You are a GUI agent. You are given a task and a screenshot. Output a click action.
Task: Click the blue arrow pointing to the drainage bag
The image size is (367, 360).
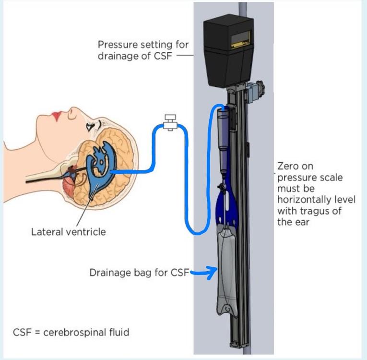[x=204, y=273]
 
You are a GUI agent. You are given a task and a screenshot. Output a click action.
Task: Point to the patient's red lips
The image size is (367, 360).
[x=57, y=117]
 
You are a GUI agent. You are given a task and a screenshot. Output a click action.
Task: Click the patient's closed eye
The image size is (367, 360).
[x=90, y=126]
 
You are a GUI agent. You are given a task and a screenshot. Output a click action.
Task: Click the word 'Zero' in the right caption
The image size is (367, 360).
[x=288, y=167]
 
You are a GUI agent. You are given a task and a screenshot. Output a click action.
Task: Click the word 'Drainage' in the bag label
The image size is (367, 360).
[x=108, y=273]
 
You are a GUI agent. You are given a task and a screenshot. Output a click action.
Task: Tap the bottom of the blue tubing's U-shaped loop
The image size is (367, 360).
[x=197, y=233]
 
